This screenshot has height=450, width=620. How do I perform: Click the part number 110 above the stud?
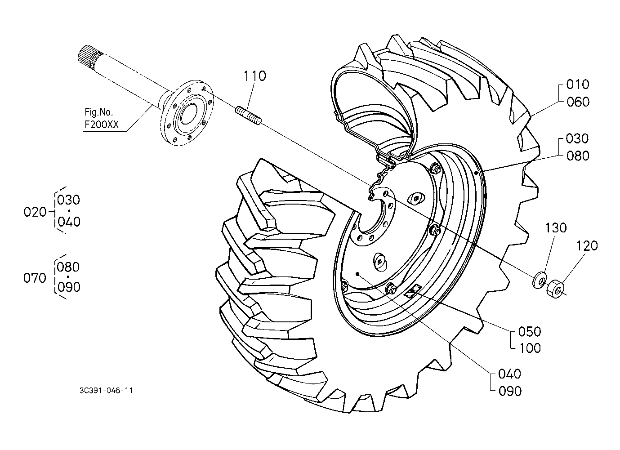(x=254, y=76)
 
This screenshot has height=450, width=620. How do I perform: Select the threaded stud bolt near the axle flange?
(x=248, y=116)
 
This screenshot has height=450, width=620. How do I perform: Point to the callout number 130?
(x=556, y=228)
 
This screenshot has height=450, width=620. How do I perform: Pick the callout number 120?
(x=587, y=246)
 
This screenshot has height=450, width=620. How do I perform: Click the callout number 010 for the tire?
(x=578, y=85)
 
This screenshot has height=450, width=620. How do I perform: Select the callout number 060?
(x=578, y=102)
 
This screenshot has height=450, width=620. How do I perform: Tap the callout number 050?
(x=530, y=332)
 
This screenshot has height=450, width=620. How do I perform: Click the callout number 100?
(x=530, y=348)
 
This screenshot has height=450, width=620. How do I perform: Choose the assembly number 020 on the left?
(x=35, y=212)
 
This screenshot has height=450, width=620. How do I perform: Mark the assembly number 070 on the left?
(x=35, y=278)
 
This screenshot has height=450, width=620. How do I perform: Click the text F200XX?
(x=102, y=125)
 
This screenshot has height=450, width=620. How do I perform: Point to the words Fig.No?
(x=99, y=112)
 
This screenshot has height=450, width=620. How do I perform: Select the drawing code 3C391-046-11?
(x=106, y=391)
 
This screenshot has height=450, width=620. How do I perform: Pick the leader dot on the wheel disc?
(x=358, y=274)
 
